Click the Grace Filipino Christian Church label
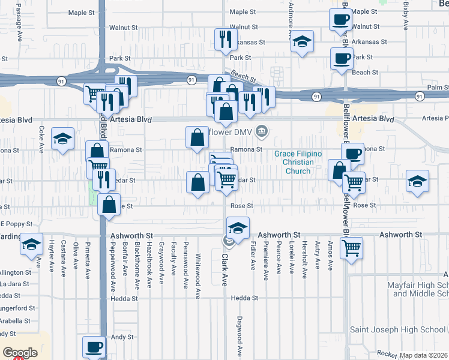click(298, 163)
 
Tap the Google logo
click(20, 352)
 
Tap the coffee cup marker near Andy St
click(94, 346)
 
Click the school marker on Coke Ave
click(62, 139)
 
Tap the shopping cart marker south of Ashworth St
click(351, 247)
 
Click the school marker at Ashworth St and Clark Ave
click(238, 229)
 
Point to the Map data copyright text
click(424, 355)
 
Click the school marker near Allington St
click(31, 244)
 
